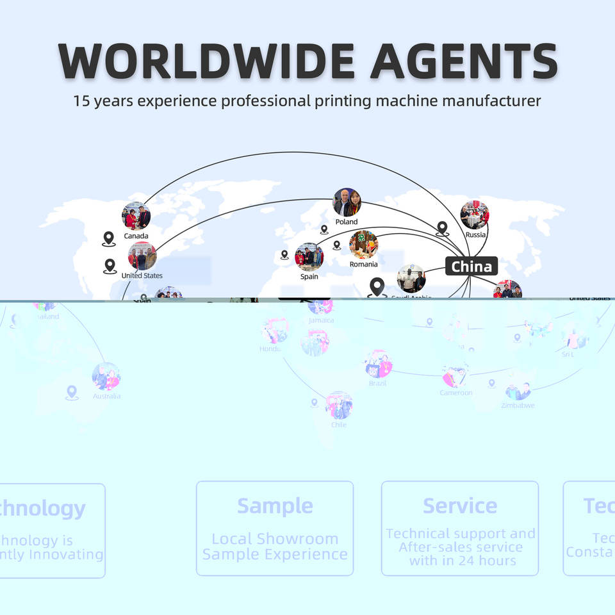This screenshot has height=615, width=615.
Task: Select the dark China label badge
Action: (471, 266)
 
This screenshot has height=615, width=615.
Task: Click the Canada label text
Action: (136, 236)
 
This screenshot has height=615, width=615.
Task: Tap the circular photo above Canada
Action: (136, 216)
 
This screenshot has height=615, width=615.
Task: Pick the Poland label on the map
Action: (347, 222)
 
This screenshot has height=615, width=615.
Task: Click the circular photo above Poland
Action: (347, 202)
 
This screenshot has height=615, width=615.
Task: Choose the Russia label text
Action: (475, 234)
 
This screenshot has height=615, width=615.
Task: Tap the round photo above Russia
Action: (475, 215)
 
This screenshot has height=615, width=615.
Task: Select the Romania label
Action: (363, 264)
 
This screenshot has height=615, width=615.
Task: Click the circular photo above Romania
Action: (363, 245)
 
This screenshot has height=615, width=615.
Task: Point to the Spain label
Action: (309, 277)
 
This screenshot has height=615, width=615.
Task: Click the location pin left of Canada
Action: (108, 239)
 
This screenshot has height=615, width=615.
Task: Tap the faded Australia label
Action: (106, 396)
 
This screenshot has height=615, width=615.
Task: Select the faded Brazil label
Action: (377, 384)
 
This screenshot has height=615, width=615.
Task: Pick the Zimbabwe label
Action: (518, 406)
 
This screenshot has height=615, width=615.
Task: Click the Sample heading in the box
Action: (275, 506)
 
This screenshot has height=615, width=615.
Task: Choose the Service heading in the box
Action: (459, 506)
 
